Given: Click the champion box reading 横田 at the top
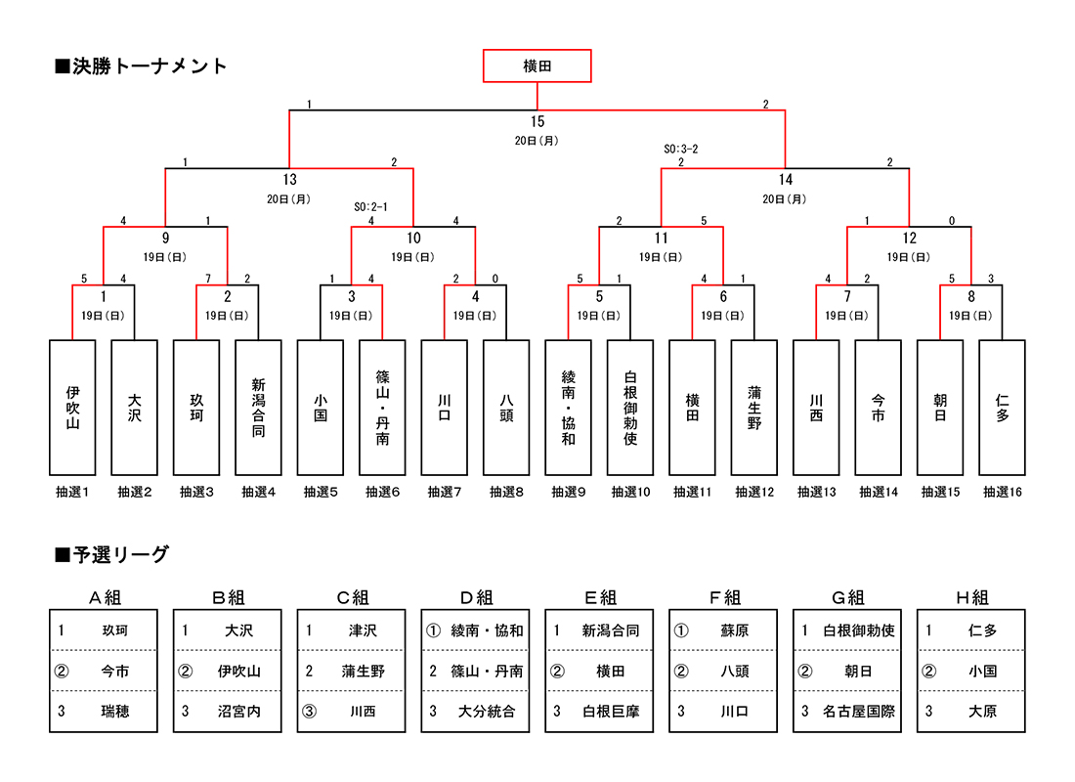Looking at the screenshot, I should pos(537,66).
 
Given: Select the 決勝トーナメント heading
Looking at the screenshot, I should pos(142,66).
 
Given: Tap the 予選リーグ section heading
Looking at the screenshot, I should pos(112,555).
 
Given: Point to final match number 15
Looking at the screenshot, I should pos(537,122).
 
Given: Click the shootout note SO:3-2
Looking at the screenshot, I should pos(680,150).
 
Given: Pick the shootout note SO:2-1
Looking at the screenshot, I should pos(371,207).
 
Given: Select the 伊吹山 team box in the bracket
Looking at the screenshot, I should pos(72,408).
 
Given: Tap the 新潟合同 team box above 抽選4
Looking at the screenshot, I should pos(258,408).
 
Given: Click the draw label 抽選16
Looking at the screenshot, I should pos(1003,493).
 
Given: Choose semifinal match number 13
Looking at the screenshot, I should pos(289,180).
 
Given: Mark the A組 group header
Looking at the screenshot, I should pos(104,598).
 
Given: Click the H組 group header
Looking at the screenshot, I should pos(971,598).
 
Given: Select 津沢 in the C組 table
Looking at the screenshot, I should pos(363,631).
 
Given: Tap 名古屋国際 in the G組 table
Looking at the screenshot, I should pos(858,712).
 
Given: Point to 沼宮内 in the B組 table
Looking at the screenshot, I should pos(238,712).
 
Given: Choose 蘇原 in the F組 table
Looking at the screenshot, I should pos(734,631).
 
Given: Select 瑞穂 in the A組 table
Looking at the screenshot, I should pos(114,712).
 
